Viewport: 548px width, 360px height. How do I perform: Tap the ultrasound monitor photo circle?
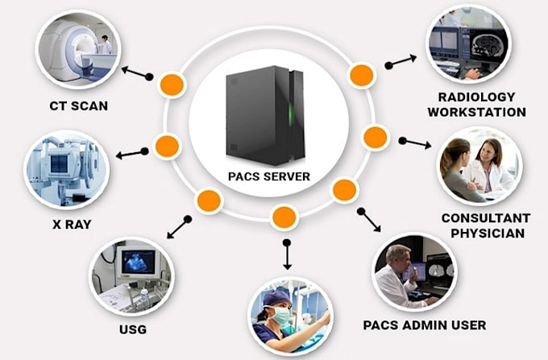point(131,275)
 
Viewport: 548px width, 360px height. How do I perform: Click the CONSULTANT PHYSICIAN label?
point(485,226)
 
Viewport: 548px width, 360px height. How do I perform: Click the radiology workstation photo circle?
point(467,45)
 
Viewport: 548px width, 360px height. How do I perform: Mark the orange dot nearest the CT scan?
point(171,83)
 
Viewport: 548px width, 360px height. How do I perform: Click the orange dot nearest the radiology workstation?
point(361,76)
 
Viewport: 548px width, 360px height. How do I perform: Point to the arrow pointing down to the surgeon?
point(287,253)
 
